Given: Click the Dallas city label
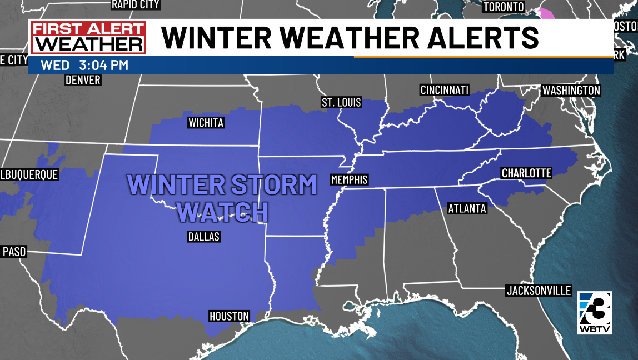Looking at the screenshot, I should click(x=204, y=237).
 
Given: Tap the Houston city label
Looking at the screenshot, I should click(x=229, y=316).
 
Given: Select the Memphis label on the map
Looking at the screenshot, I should click(x=349, y=180).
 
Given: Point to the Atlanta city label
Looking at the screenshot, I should click(x=467, y=208).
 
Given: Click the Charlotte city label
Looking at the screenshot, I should click(x=526, y=173).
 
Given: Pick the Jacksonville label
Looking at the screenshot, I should click(x=539, y=291).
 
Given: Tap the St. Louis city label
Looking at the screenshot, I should click(x=341, y=103).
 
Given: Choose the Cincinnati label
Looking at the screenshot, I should click(x=445, y=90).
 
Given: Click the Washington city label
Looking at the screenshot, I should click(x=571, y=90).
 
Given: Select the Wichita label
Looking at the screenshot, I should click(x=206, y=123).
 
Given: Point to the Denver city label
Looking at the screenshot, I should click(x=83, y=80).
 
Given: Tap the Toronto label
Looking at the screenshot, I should click(x=504, y=7).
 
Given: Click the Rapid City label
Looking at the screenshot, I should click(x=136, y=5).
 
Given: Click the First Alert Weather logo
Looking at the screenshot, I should click(x=88, y=38).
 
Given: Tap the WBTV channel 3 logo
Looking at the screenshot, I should click(x=595, y=312).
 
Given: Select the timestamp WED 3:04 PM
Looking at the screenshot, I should click(x=84, y=65).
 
